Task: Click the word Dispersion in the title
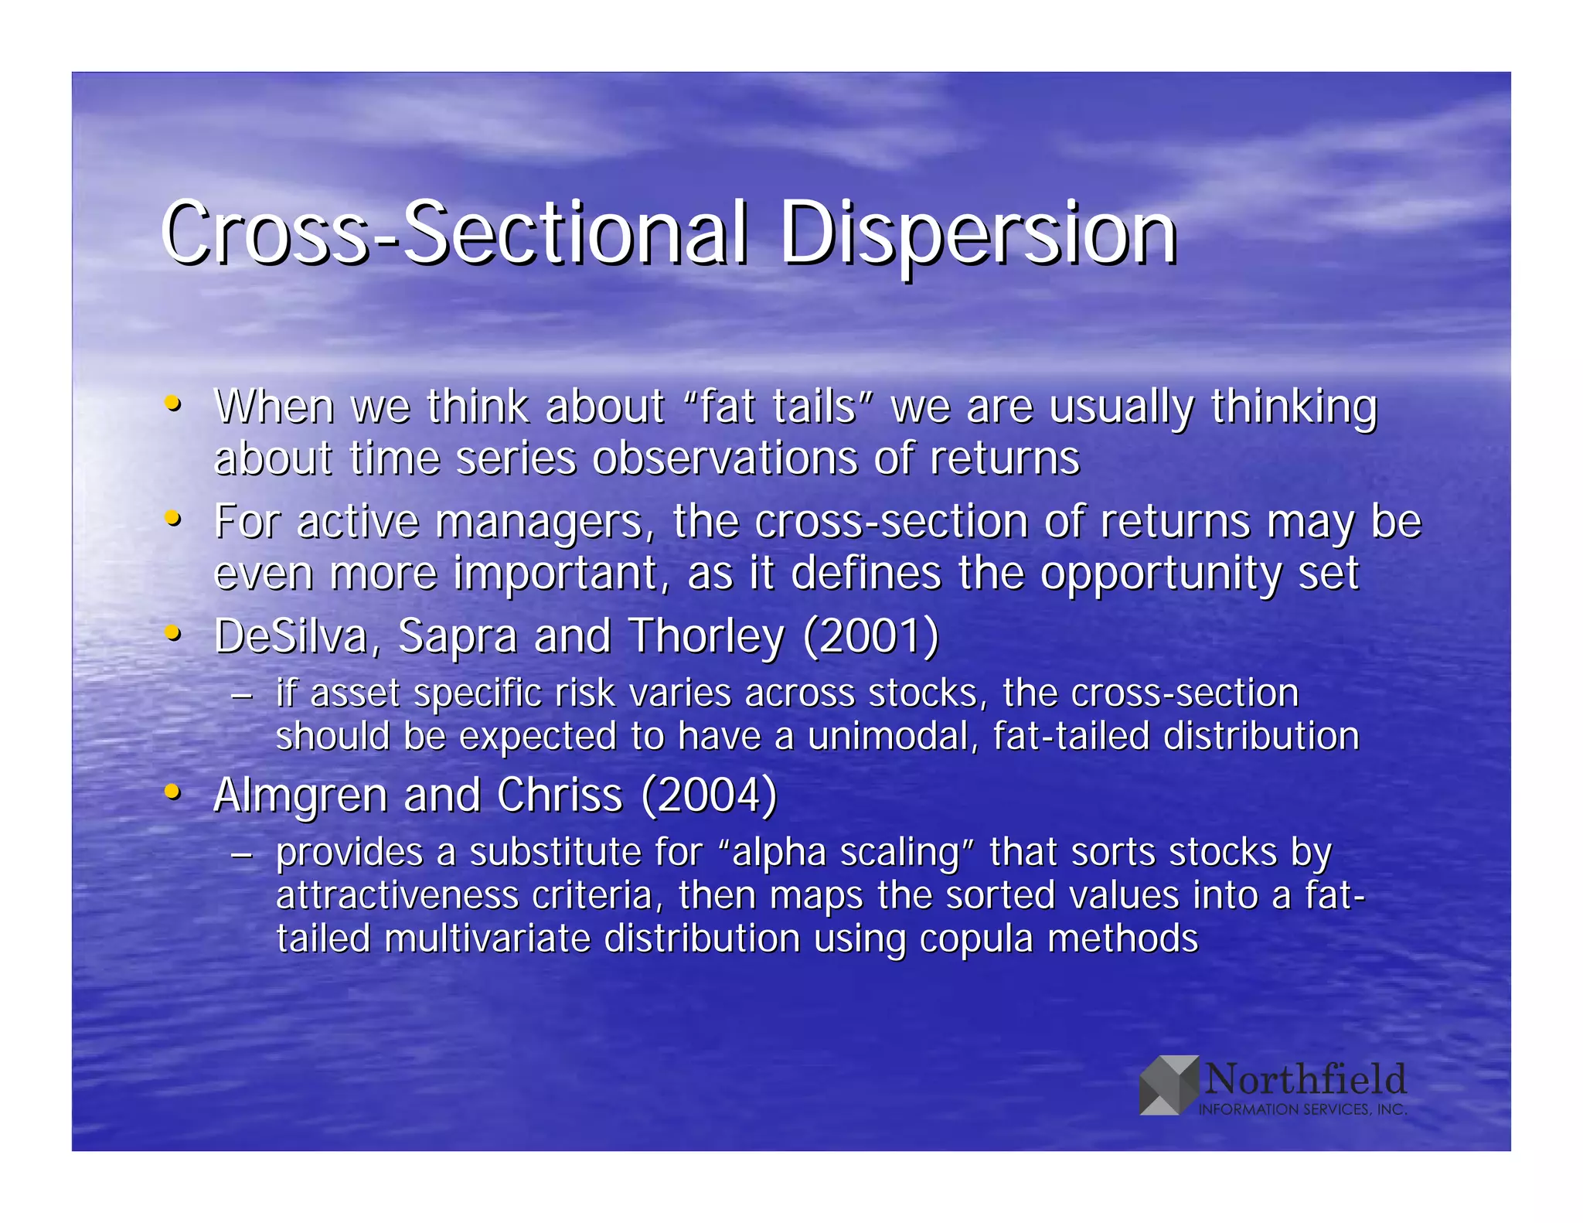coord(978,233)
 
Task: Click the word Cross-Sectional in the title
coord(454,233)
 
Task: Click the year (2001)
coord(871,636)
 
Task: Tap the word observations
coord(725,458)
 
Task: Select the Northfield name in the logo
coord(1306,1078)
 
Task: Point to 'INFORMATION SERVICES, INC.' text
coord(1302,1109)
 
